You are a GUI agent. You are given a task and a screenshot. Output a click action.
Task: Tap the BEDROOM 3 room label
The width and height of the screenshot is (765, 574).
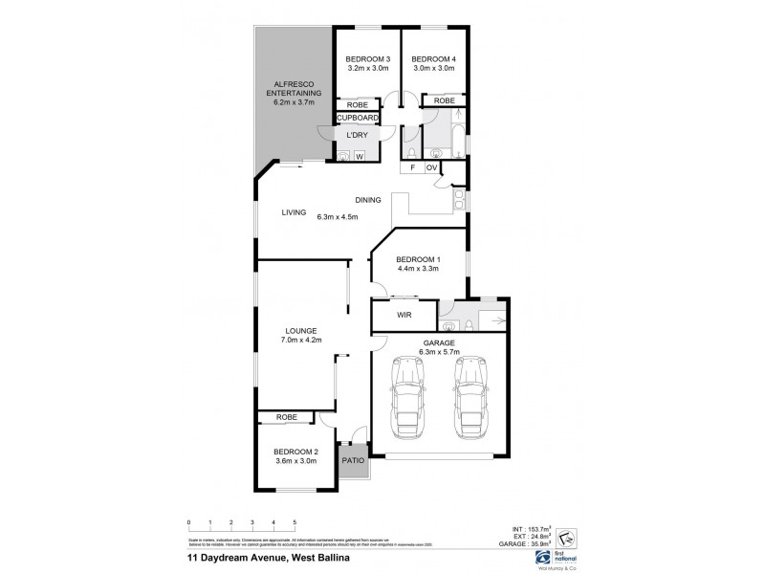(x=366, y=59)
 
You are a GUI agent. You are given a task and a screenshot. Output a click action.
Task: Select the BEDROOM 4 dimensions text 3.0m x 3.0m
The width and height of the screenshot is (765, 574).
(x=433, y=69)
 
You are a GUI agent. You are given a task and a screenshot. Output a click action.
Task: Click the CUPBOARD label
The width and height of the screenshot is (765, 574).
(x=357, y=119)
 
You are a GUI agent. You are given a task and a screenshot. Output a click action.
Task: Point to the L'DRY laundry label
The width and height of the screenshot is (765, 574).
(x=356, y=135)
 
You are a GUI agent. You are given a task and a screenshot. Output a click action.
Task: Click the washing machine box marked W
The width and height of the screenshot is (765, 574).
(x=361, y=155)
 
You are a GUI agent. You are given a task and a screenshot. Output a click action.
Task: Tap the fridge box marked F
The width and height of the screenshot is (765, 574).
(x=411, y=168)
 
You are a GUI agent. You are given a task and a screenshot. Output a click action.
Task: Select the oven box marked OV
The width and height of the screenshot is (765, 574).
(x=431, y=168)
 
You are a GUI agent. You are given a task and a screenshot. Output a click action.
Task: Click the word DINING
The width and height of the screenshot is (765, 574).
(x=368, y=200)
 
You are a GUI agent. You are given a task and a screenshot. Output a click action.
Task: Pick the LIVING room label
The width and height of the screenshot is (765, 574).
(x=293, y=213)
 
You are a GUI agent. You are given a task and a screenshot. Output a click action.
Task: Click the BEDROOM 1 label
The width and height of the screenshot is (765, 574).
(x=418, y=259)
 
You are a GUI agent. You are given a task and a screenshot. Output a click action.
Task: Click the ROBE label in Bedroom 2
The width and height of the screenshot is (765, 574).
(x=286, y=417)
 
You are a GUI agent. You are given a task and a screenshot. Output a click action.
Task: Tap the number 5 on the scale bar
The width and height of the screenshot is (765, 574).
(x=295, y=523)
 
